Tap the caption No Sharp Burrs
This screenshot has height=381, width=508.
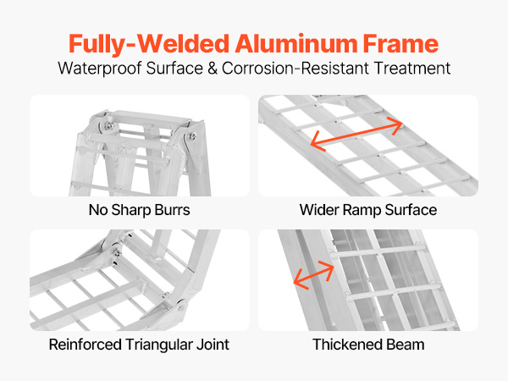click(140, 209)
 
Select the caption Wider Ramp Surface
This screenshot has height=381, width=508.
click(368, 209)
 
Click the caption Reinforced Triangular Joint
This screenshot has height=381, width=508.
click(140, 345)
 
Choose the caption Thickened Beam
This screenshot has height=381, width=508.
click(368, 345)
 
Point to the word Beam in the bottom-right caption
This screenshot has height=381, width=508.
click(406, 345)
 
